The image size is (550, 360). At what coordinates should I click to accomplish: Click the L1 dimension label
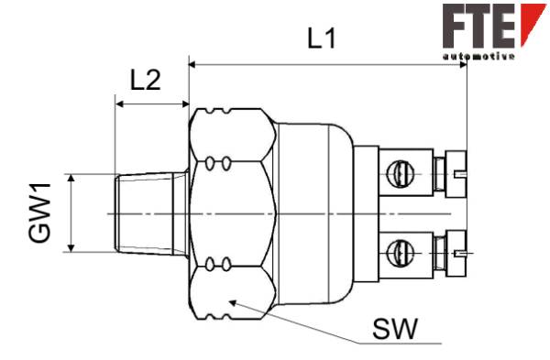[x=322, y=38]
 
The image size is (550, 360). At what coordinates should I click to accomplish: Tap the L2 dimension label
[x=146, y=81]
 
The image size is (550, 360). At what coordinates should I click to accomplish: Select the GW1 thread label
[x=39, y=213]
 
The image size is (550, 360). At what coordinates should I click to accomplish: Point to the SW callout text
[x=395, y=329]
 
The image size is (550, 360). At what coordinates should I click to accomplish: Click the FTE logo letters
[x=478, y=26]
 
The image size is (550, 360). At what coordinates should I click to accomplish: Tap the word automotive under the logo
[x=478, y=56]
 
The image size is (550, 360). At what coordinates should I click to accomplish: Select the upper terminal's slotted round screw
[x=401, y=173]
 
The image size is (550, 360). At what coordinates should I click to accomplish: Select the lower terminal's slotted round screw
[x=401, y=253]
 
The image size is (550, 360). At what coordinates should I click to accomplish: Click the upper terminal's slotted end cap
[x=456, y=174]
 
